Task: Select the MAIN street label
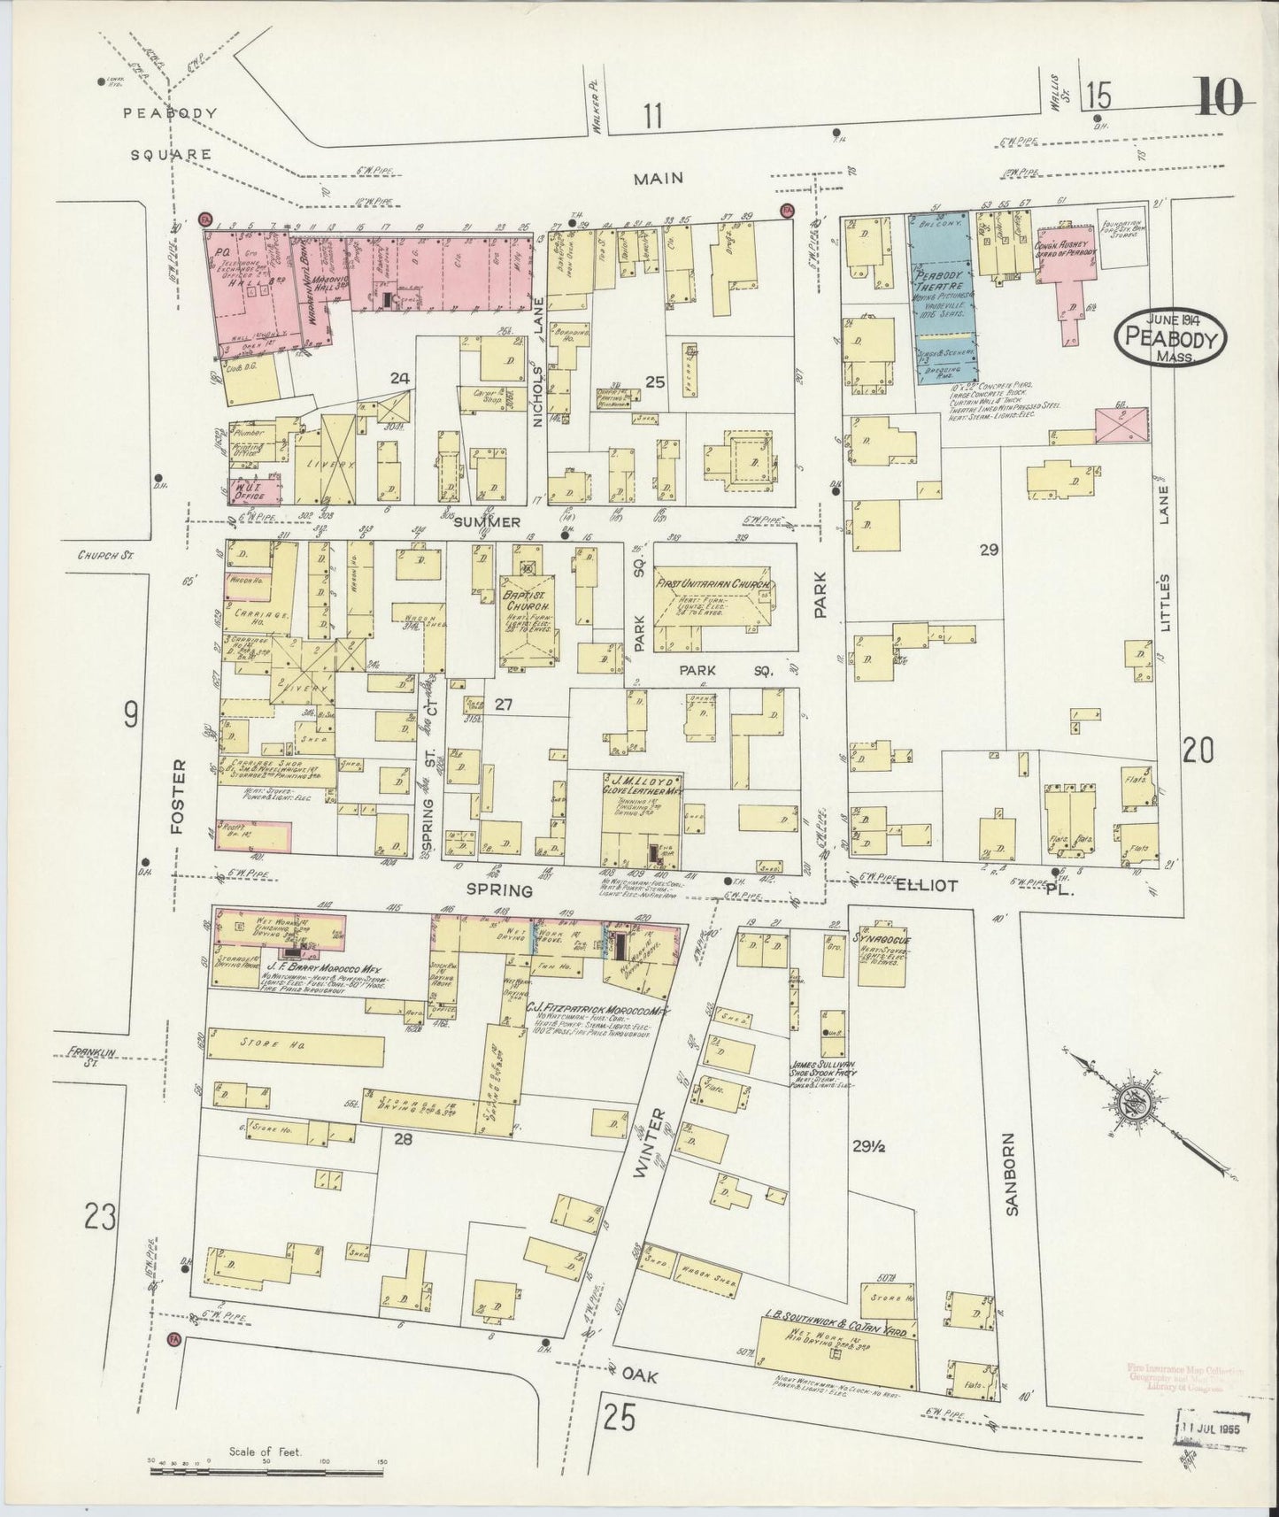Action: [x=659, y=178]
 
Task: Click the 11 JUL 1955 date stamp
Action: [x=1212, y=1428]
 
